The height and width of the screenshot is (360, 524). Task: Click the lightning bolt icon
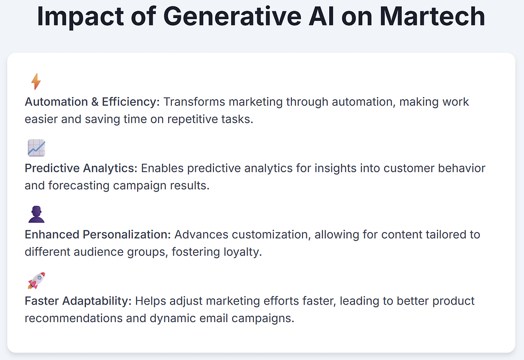(36, 82)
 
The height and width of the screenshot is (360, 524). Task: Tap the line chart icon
(36, 148)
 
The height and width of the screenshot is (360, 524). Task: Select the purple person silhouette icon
(36, 214)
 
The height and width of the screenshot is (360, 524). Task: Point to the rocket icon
(36, 281)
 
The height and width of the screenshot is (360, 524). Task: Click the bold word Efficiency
(131, 102)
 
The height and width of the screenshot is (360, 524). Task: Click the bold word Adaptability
(98, 301)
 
